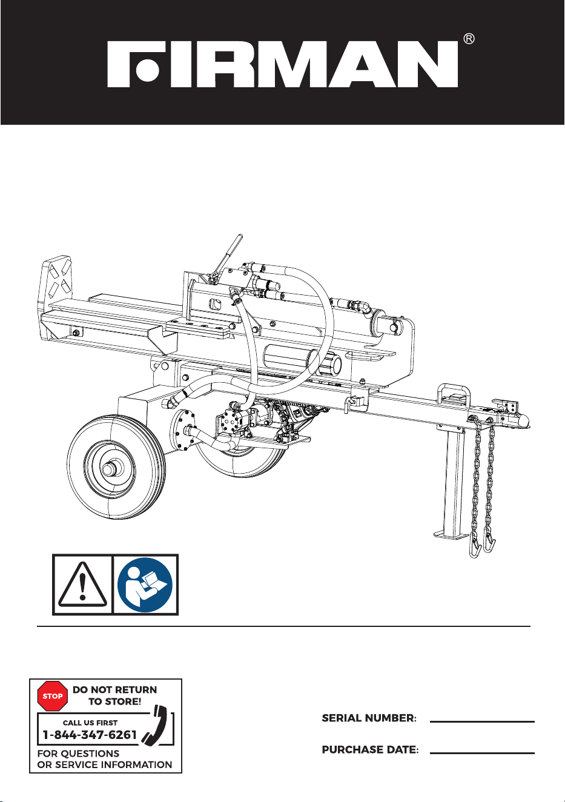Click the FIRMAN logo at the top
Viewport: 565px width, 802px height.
(x=283, y=64)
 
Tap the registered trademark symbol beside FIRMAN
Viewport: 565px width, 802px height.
(x=469, y=39)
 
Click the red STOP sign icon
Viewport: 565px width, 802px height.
(x=53, y=696)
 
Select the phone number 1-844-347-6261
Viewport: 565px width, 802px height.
(x=90, y=735)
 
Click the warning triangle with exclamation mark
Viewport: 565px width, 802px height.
(x=83, y=585)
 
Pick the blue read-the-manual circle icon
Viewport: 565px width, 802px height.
(x=145, y=585)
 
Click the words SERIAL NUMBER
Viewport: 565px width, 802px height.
(x=369, y=718)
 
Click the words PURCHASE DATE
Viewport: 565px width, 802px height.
(x=370, y=750)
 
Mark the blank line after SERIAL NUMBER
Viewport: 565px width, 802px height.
(x=482, y=722)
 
